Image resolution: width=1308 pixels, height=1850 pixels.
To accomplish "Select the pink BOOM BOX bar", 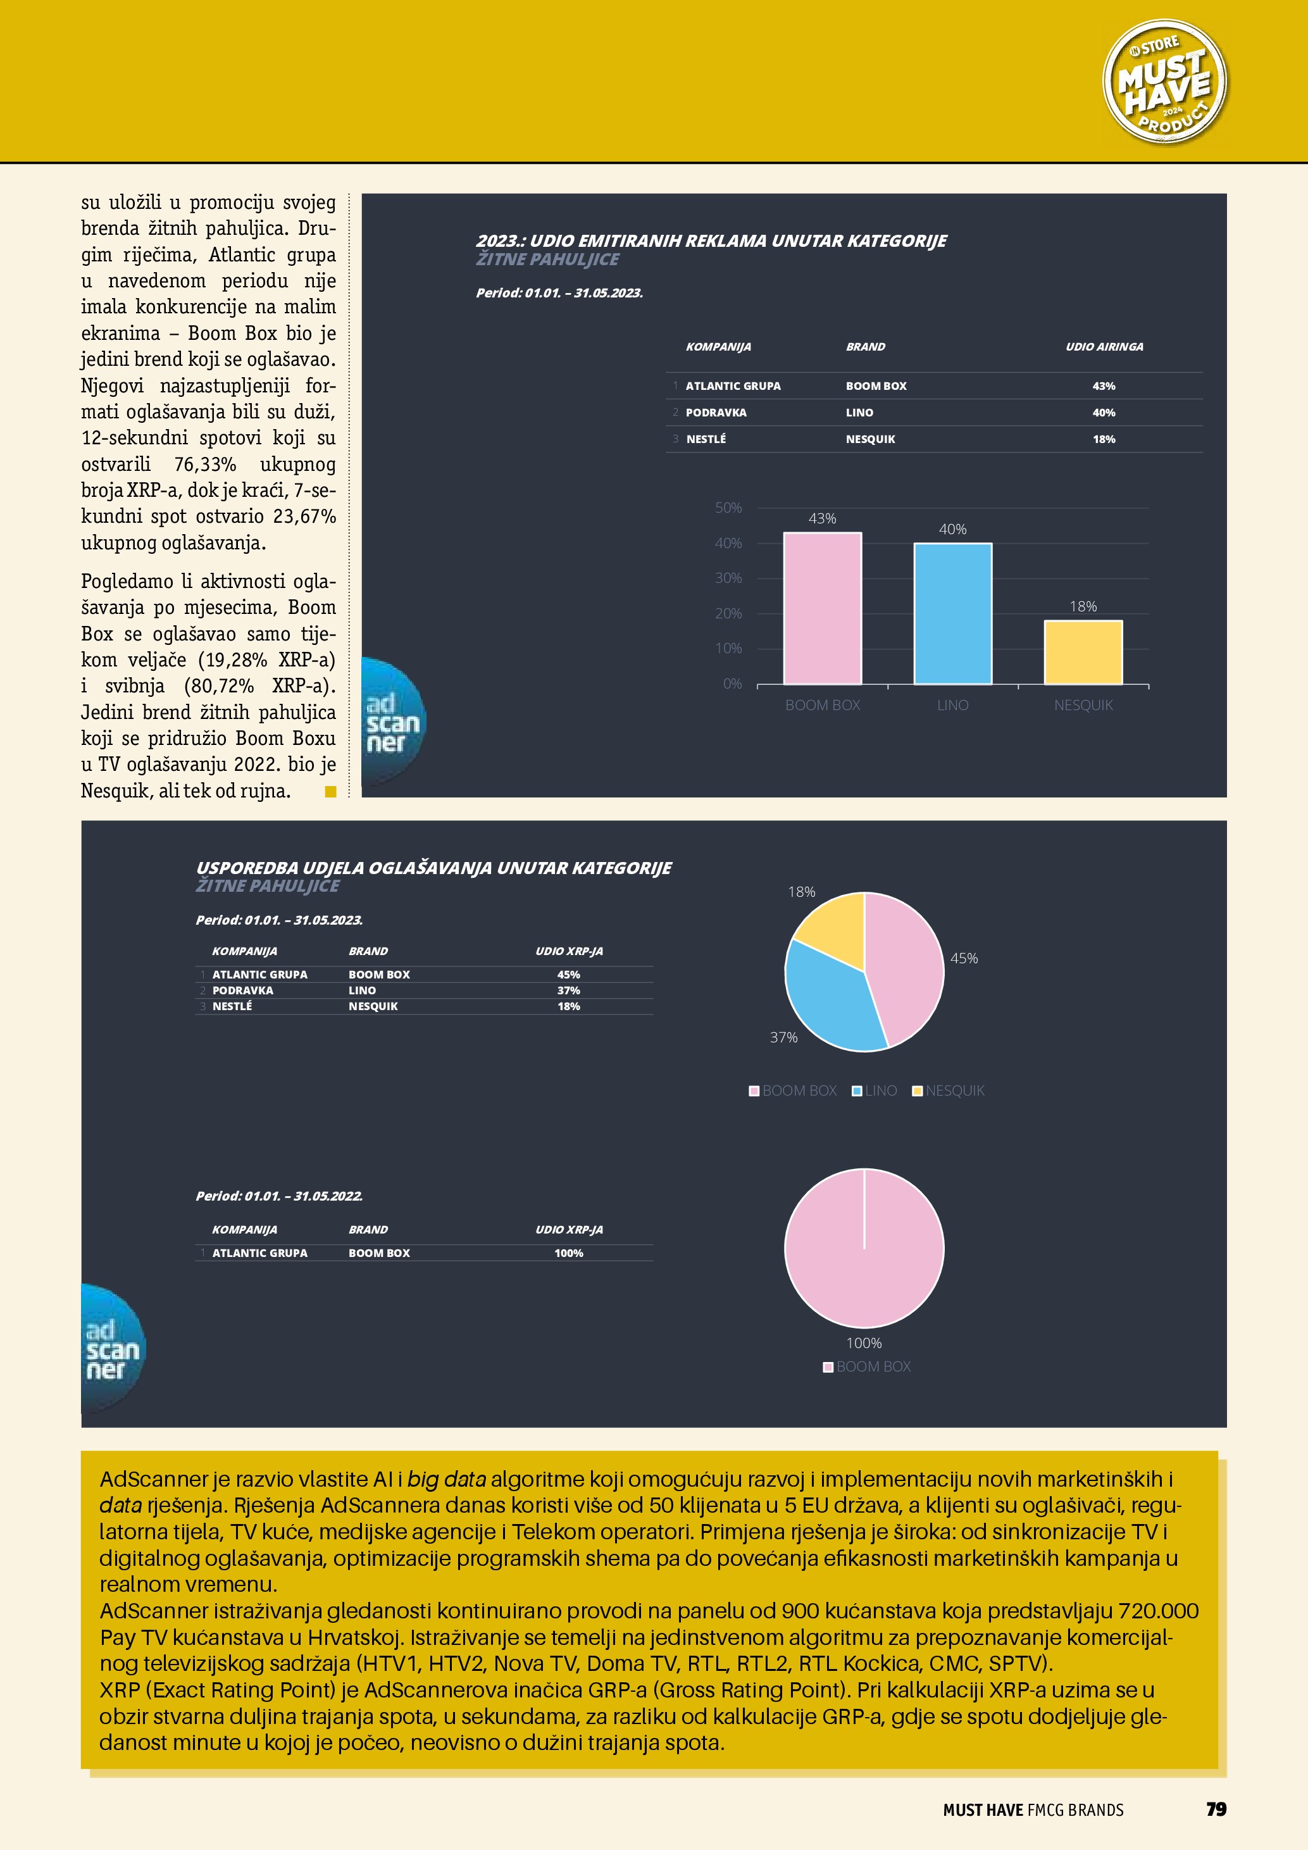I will (x=823, y=608).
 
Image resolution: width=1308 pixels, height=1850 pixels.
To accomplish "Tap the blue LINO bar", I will (x=953, y=614).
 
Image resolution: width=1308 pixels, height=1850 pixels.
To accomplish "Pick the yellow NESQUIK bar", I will (x=1083, y=652).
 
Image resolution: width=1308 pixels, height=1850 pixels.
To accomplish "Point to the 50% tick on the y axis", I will (x=728, y=508).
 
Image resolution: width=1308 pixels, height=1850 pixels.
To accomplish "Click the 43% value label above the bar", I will (x=823, y=518).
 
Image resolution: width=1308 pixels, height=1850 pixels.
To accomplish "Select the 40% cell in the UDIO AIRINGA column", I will (x=1104, y=413).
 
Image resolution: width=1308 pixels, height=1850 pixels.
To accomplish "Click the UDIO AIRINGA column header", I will (x=1104, y=346).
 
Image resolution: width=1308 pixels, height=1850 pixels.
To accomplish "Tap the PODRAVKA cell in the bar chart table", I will (x=716, y=413).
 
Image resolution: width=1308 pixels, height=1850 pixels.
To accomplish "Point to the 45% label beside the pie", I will (x=964, y=958).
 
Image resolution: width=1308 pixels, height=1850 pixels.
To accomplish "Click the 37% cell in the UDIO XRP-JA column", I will (x=569, y=991).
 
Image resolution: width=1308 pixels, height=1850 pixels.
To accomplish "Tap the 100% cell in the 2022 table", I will (x=569, y=1253).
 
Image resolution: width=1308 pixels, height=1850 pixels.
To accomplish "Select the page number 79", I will (x=1216, y=1809).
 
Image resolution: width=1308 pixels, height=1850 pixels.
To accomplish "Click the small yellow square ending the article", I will (x=330, y=791).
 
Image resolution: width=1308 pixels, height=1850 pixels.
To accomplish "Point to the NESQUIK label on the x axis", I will (x=1083, y=705).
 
